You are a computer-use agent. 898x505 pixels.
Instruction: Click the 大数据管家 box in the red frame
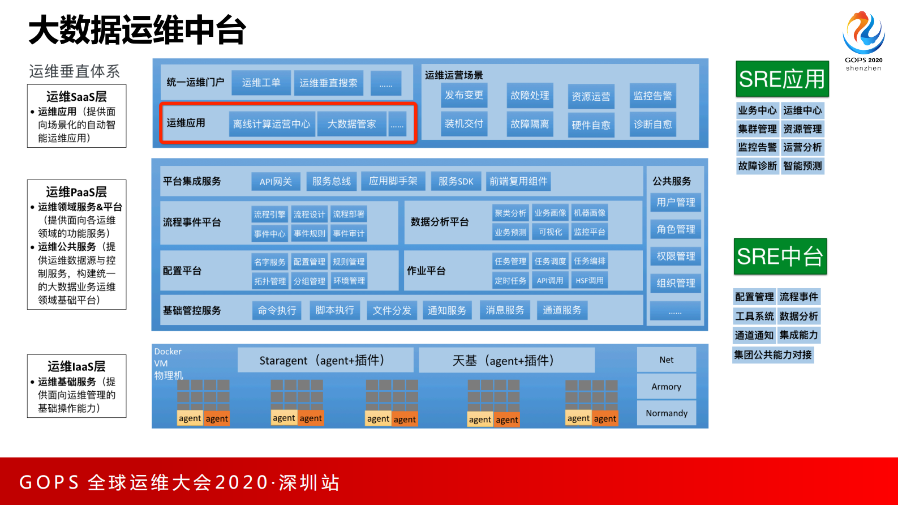pos(351,124)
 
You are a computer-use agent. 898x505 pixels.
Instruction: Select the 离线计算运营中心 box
pos(272,124)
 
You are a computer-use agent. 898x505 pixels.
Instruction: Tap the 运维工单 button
pos(261,83)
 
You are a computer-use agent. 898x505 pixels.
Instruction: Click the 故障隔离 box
pos(530,124)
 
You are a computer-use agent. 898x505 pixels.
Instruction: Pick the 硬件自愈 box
pos(591,125)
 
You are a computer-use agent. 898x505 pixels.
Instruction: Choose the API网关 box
pos(276,182)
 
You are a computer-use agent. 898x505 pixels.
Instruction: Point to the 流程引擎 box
pos(269,215)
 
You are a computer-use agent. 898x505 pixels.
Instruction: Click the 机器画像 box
pos(590,213)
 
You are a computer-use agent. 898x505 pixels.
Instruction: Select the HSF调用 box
pos(590,280)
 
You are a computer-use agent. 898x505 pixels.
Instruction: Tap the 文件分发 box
pos(392,310)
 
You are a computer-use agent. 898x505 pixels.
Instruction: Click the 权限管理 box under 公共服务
pos(676,256)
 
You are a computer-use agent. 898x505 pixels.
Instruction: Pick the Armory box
pos(666,387)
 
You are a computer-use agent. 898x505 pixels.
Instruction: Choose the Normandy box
pos(667,413)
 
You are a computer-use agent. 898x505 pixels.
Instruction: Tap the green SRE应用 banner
pos(782,79)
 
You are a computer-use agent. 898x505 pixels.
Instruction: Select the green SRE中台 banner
pos(780,256)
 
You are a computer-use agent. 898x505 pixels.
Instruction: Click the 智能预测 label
pos(802,166)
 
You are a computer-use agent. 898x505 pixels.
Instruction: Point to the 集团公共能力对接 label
pos(772,355)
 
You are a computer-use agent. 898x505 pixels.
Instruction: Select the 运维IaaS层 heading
pos(76,366)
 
